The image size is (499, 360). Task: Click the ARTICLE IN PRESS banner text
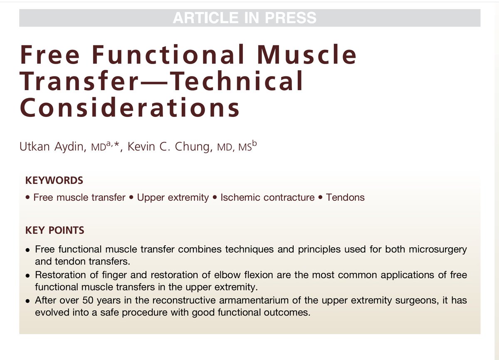click(x=245, y=18)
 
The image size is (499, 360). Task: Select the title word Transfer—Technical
click(x=161, y=81)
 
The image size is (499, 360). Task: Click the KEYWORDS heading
click(x=54, y=181)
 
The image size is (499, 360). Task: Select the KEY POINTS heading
click(x=55, y=230)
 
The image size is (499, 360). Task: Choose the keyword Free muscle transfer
click(x=79, y=197)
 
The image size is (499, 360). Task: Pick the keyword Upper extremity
click(x=173, y=197)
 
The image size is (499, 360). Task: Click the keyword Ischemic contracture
click(x=267, y=197)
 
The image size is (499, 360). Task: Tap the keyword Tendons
click(x=345, y=197)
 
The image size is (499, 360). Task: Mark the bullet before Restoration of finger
click(x=27, y=276)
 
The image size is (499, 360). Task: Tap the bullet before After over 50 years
click(x=27, y=301)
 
